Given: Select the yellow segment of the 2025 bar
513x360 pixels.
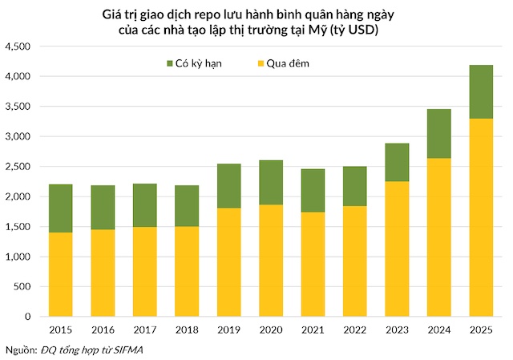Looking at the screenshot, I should click(x=480, y=217).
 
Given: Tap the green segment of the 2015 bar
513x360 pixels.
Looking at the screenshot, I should click(x=61, y=208).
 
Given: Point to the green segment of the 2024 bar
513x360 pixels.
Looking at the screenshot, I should click(x=438, y=133).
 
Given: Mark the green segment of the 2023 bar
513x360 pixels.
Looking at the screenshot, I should click(x=396, y=163).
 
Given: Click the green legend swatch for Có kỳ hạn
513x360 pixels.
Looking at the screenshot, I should click(x=169, y=63).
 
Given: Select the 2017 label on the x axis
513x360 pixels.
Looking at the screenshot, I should click(x=144, y=330).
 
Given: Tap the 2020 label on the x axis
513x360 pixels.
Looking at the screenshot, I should click(x=270, y=330).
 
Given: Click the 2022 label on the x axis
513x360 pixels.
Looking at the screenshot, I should click(x=354, y=330).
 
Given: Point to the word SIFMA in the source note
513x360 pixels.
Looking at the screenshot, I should click(x=130, y=350).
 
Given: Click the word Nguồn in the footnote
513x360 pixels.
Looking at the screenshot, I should click(x=20, y=350).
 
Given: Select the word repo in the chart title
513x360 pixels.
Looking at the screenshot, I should click(x=224, y=14).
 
